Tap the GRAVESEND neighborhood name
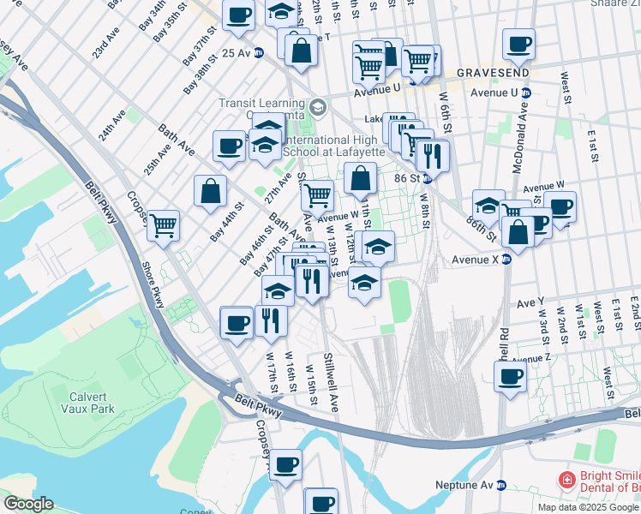click(490, 73)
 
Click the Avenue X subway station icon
click(506, 260)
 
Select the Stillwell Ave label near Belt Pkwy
click(329, 381)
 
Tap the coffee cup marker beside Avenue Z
click(510, 377)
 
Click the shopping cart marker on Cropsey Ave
click(163, 224)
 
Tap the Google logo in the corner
click(27, 504)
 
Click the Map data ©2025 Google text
click(587, 507)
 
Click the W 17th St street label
click(271, 367)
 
